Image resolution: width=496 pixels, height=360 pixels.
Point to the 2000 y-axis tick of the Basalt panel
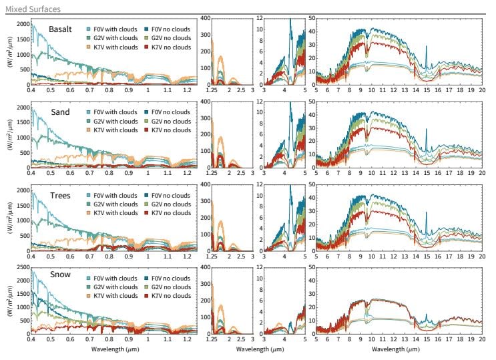coord(21,24)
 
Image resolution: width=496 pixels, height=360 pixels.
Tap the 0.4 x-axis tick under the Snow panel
coord(31,340)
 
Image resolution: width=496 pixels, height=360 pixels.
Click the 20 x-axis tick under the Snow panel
coord(481,340)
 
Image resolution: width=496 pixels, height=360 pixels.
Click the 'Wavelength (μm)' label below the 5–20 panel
coord(399,349)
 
